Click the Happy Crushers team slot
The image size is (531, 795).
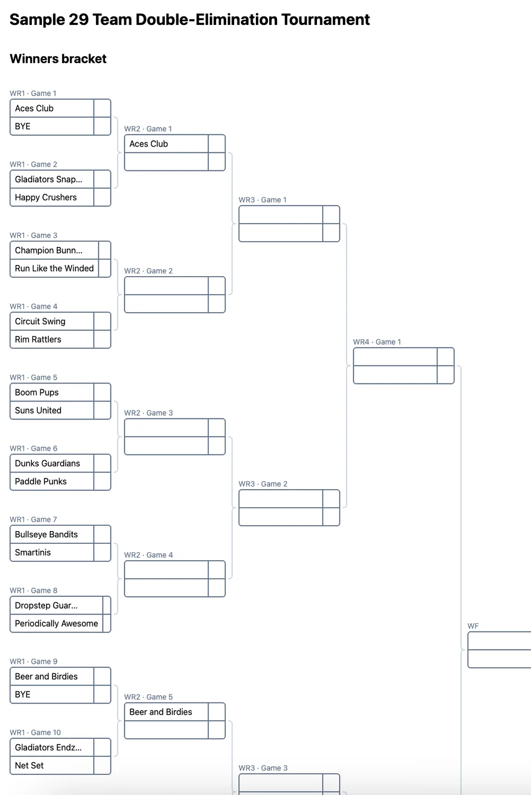[46, 198]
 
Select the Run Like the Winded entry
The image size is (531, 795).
[54, 269]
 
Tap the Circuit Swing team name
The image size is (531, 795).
[40, 322]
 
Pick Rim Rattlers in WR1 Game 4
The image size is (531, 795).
[38, 340]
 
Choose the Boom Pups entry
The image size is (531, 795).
[37, 393]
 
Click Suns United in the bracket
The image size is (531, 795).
[38, 411]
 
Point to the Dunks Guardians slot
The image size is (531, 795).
[48, 464]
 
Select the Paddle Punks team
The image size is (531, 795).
[41, 482]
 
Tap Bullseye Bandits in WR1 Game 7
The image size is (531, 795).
[47, 535]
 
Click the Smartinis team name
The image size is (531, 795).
[33, 553]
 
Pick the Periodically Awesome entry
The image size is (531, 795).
[56, 624]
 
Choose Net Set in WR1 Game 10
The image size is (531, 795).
[30, 766]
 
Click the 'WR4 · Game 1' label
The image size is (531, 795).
[377, 342]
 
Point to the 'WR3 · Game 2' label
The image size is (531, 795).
[263, 484]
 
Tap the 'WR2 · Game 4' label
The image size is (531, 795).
[149, 555]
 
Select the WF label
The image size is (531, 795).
[473, 627]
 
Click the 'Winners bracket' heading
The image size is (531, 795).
[58, 59]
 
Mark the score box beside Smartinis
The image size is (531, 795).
[102, 553]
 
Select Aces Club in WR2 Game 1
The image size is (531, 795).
[149, 144]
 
